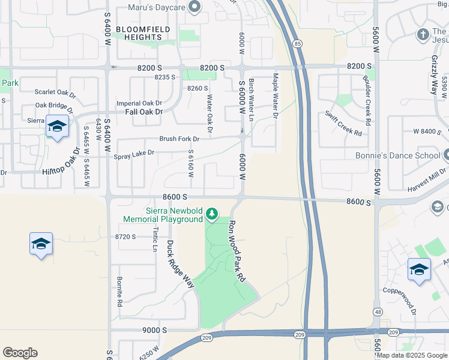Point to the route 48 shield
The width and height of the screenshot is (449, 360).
[x=377, y=312]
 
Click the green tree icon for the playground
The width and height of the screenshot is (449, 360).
[x=211, y=214]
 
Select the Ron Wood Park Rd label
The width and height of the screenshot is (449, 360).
[x=237, y=251]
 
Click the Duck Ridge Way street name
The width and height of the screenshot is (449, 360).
[x=180, y=264]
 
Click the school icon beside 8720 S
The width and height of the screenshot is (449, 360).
[x=41, y=244]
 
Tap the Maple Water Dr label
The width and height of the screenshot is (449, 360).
[x=276, y=95]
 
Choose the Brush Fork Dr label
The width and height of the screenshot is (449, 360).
[x=179, y=139]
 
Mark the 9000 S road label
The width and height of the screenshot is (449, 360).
[x=154, y=330]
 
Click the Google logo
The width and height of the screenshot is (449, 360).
[x=20, y=353]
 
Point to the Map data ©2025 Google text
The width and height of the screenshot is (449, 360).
[x=411, y=355]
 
